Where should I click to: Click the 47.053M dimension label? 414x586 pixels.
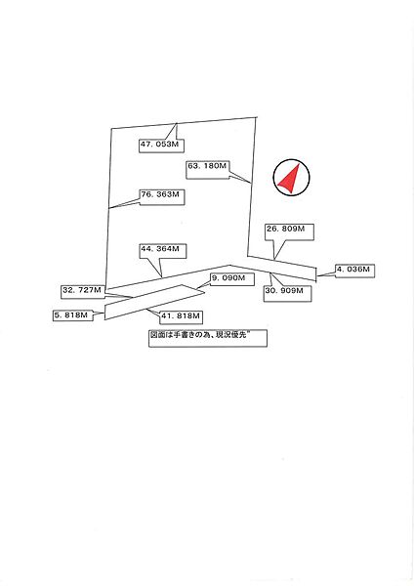[x=160, y=145]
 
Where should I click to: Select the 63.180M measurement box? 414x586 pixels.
[x=207, y=167]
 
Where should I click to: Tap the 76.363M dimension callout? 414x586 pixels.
[x=161, y=195]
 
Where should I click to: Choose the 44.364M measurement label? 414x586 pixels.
[x=162, y=249]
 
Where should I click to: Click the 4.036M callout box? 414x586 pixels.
[x=354, y=268]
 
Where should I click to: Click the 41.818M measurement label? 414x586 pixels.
[x=181, y=316]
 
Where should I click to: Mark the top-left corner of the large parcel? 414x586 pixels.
[x=111, y=129]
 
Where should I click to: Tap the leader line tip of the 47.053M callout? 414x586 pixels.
[x=176, y=123]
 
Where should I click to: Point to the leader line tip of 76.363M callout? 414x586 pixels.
[x=109, y=208]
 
